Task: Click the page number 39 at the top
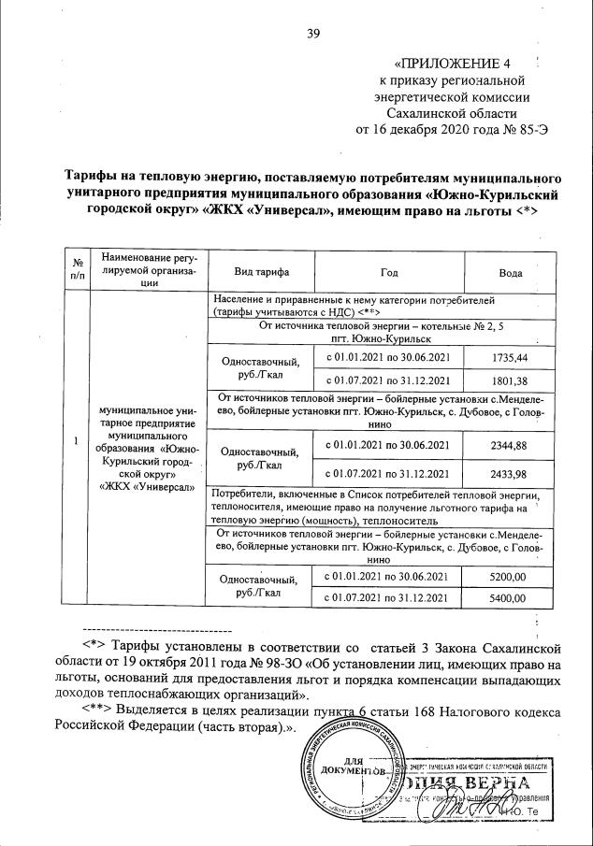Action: pyautogui.click(x=313, y=34)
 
